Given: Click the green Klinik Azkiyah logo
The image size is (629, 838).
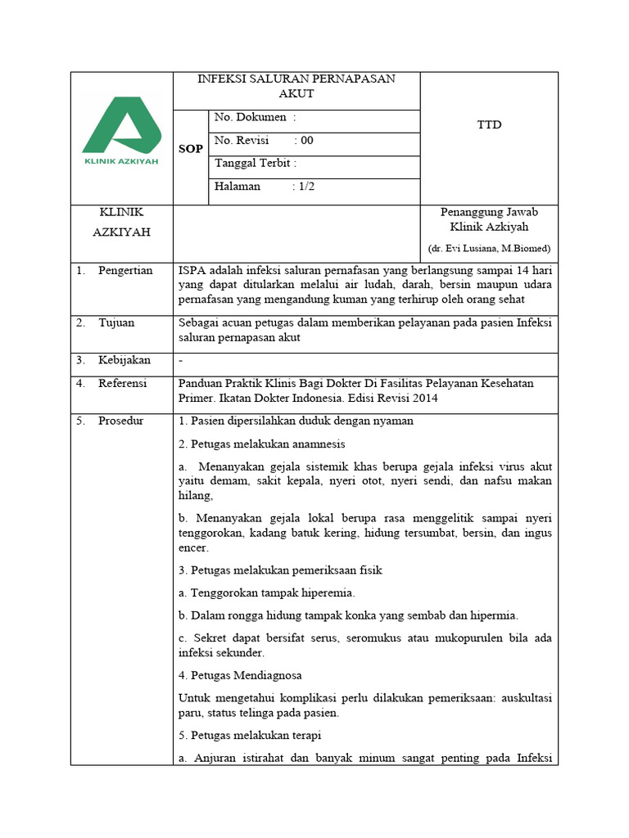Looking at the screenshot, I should tap(121, 130).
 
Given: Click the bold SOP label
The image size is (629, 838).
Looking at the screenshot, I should tap(191, 149).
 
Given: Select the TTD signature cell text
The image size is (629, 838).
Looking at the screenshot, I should tap(489, 125).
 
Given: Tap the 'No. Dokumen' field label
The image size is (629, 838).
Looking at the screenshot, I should tap(250, 119).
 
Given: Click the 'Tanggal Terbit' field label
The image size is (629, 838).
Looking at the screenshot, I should tap(255, 163).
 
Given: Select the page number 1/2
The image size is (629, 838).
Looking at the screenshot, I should tap(306, 186).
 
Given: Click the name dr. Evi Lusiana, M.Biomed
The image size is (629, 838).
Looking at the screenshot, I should tap(489, 248).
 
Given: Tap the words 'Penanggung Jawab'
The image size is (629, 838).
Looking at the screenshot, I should tap(489, 212).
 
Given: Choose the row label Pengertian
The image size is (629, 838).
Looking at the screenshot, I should tap(125, 271).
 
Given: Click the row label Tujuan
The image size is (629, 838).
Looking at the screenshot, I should tap(116, 322).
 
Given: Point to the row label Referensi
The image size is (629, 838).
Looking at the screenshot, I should tap(123, 383).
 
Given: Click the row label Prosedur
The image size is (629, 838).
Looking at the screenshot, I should tap(121, 421).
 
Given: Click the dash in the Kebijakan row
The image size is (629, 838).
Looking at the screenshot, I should tap(181, 360).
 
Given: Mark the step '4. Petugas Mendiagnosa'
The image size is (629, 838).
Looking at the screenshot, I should tap(240, 675).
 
